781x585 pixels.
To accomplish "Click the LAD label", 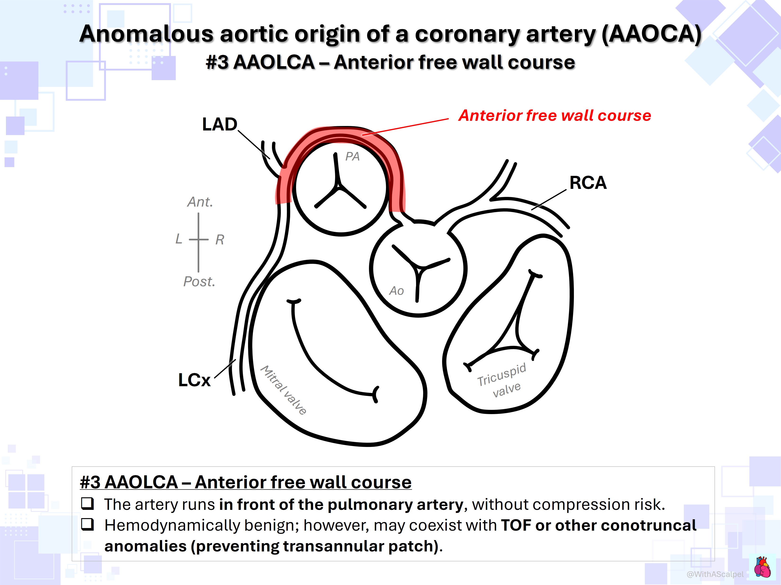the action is (x=220, y=124).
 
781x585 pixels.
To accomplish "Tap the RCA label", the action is (x=588, y=183).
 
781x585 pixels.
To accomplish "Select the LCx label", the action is (x=194, y=380).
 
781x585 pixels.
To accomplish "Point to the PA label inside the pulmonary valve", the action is (x=352, y=156).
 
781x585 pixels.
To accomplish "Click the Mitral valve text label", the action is (x=283, y=390).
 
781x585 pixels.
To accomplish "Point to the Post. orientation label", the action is (x=199, y=282).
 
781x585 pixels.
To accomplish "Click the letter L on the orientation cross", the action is (x=179, y=239).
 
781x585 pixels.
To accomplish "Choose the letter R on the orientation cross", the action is (x=220, y=240).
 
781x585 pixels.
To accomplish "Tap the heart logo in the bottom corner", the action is (x=762, y=567).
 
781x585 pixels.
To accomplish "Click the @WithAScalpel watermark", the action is (x=715, y=574).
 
